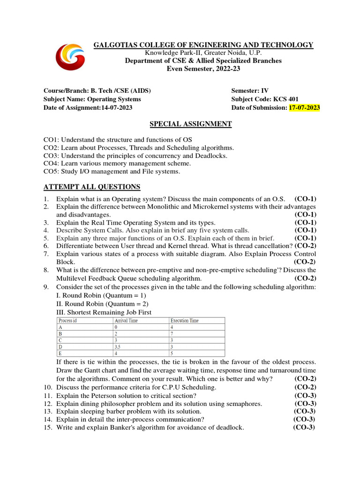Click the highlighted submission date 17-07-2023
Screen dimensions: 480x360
[x=304, y=108]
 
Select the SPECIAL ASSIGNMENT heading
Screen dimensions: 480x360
[x=190, y=124]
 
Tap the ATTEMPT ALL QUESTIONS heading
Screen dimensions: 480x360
[x=92, y=187]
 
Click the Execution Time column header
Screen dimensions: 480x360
[x=185, y=321]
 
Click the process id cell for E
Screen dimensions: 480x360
[x=60, y=353]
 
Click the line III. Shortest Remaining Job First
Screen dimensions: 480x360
[x=104, y=312]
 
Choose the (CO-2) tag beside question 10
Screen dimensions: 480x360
[x=305, y=388]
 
